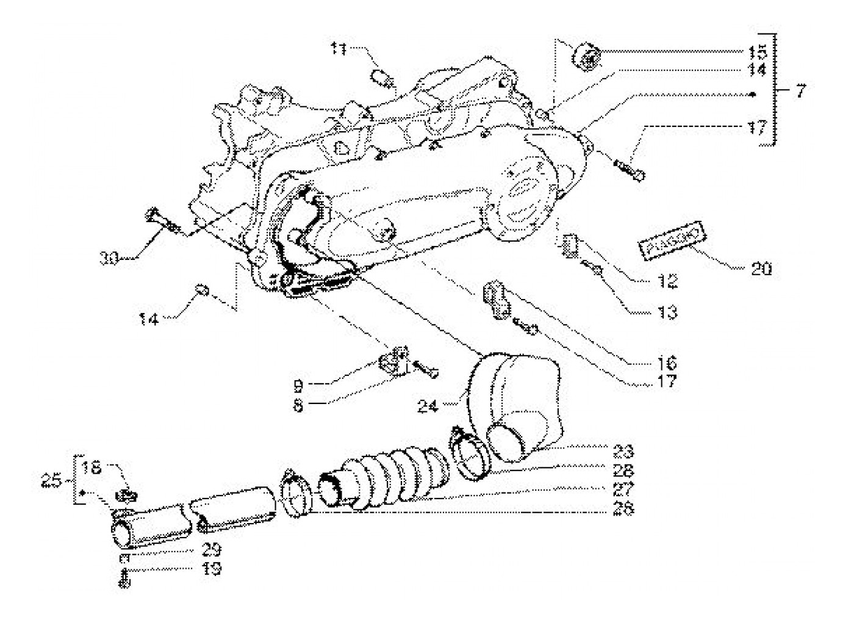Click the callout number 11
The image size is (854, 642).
(x=339, y=48)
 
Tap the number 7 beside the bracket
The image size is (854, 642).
(x=800, y=92)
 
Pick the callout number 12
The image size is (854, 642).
(x=667, y=282)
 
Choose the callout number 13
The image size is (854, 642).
(x=667, y=312)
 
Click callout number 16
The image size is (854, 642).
(x=667, y=364)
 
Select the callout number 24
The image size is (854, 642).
(x=428, y=405)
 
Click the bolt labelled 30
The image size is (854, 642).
(x=158, y=220)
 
